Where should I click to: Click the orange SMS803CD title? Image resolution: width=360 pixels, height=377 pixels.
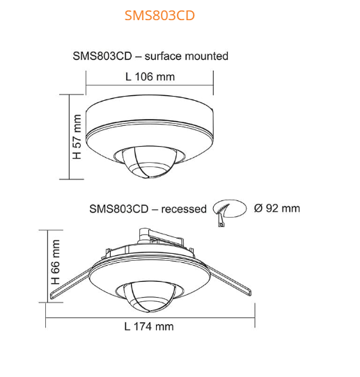click(159, 15)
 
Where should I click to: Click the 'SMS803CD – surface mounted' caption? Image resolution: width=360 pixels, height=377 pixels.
click(150, 56)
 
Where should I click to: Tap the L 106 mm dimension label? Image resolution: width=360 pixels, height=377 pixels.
click(150, 77)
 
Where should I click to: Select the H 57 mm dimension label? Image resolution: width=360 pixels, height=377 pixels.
click(77, 135)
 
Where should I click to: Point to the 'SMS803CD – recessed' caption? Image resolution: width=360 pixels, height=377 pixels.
click(148, 209)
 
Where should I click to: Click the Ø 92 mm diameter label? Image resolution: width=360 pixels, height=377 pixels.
click(277, 208)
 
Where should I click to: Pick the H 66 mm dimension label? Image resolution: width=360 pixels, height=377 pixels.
click(56, 265)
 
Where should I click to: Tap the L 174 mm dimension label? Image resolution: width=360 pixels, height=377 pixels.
click(149, 326)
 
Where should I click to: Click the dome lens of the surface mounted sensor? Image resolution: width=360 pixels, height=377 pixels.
click(148, 162)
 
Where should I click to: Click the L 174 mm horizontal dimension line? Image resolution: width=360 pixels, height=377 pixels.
click(149, 314)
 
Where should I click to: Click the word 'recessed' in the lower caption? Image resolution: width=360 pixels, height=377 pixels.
click(184, 209)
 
